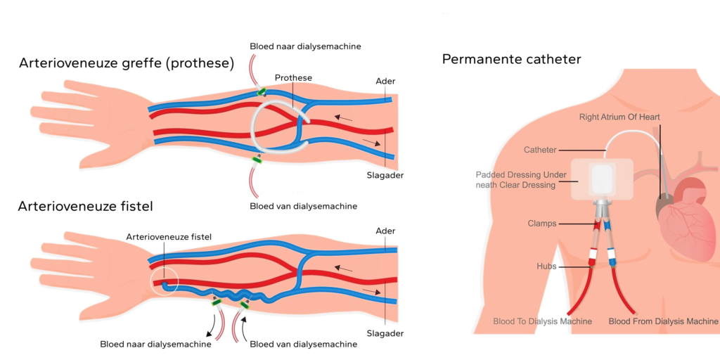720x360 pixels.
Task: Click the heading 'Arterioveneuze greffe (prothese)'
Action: pos(126,63)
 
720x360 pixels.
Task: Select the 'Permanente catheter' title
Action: pos(511,59)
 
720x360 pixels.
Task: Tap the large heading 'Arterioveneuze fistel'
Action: pos(85,207)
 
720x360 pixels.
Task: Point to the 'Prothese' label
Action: pos(293,77)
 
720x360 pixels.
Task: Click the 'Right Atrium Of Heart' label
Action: pos(619,117)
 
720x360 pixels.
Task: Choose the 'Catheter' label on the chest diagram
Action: pos(540,150)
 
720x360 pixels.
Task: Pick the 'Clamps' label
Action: pos(541,224)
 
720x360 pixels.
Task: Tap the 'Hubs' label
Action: pos(546,266)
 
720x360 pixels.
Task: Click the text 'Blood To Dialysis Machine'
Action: pos(542,321)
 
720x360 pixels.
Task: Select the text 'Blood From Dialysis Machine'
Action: pos(663,321)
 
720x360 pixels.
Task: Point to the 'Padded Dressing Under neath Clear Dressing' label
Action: pos(515,179)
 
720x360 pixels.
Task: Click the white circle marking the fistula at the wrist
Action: pos(165,283)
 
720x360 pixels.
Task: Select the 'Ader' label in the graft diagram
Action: pos(385,81)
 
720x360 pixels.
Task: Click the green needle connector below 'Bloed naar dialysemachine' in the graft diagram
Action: pos(261,91)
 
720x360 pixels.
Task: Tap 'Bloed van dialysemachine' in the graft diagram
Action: pos(303,206)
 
